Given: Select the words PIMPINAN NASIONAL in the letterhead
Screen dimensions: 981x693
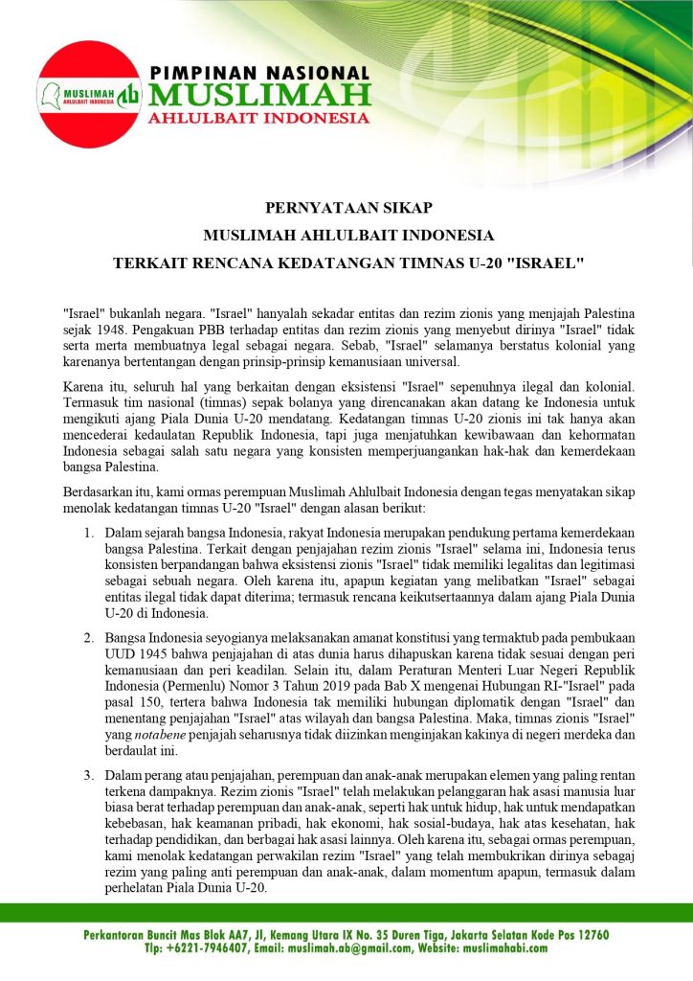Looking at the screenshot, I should click(x=258, y=74).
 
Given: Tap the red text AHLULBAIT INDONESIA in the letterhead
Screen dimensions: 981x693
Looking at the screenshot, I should click(x=258, y=119).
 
